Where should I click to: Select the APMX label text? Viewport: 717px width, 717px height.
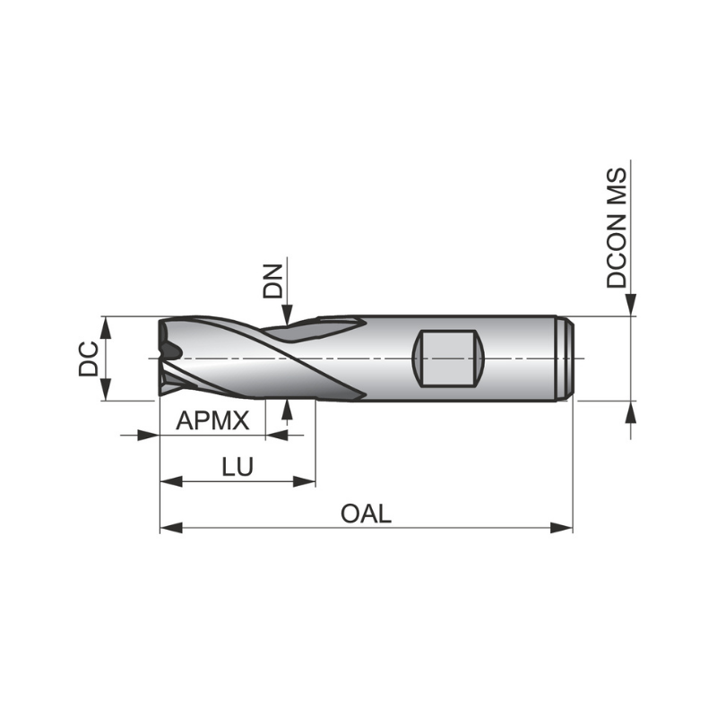212,420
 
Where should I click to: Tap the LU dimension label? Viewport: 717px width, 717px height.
238,467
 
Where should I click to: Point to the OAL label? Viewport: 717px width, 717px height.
366,514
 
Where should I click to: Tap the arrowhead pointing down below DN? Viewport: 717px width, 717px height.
286,315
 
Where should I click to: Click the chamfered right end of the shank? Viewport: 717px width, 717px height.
566,358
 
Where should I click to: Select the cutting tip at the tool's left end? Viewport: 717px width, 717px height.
167,358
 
